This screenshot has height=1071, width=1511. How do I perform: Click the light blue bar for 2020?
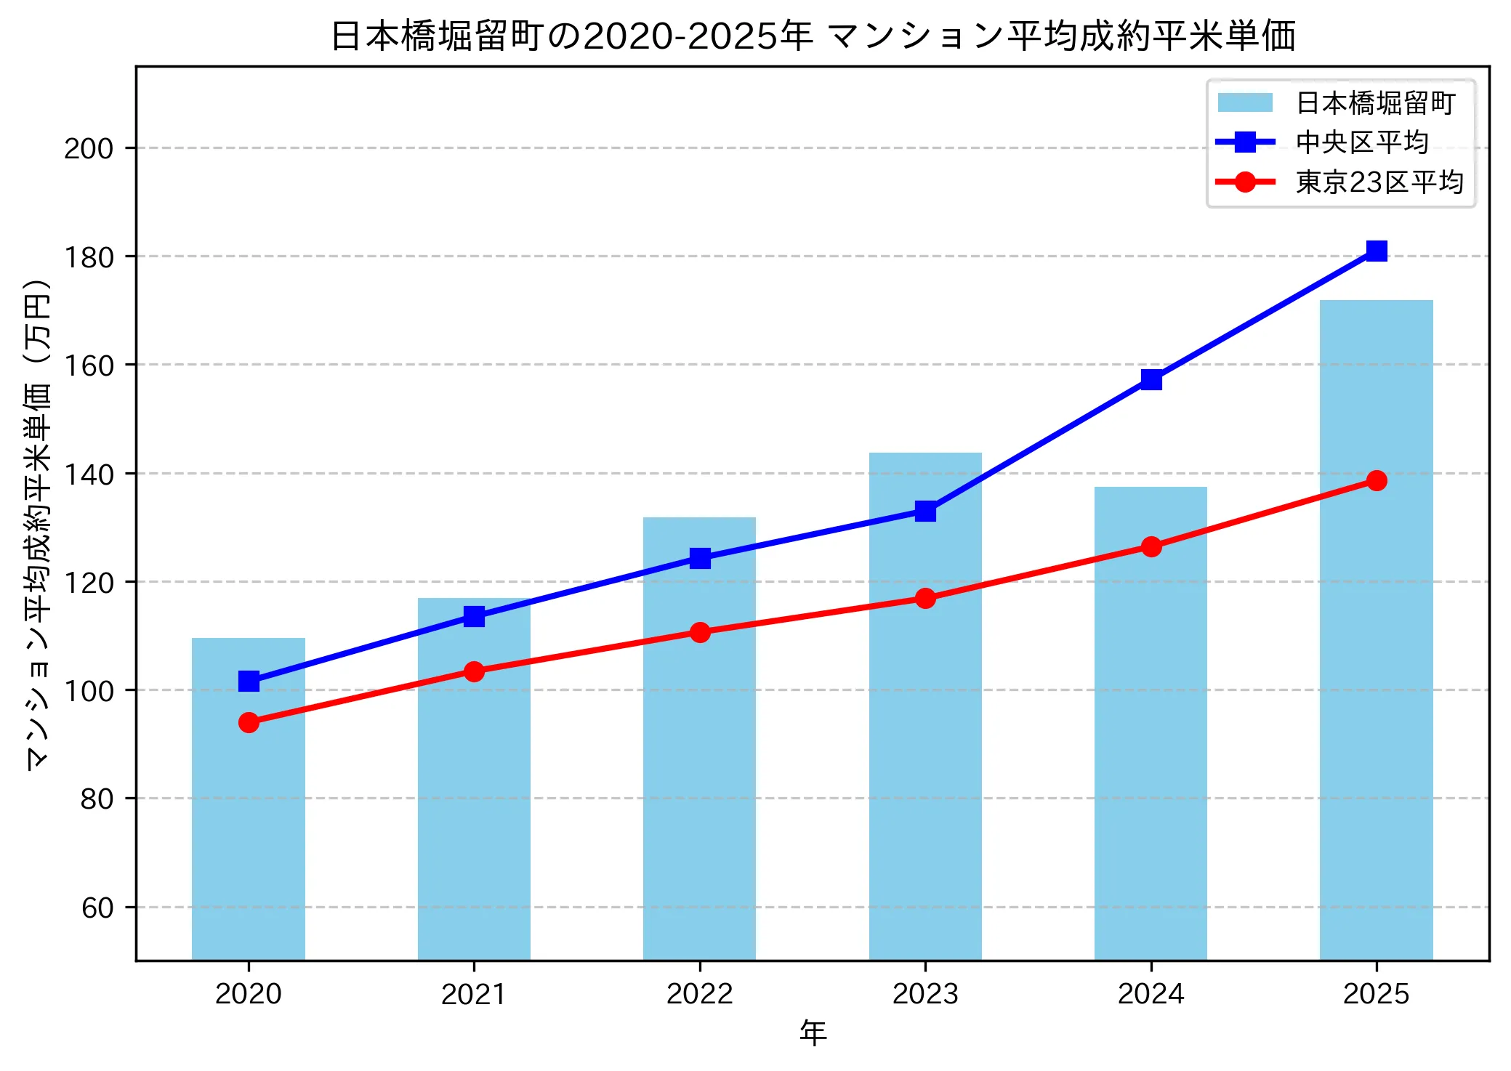249,799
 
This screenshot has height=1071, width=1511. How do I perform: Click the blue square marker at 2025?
1377,251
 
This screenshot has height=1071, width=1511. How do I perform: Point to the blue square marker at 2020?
249,681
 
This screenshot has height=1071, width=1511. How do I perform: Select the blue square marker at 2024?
1151,379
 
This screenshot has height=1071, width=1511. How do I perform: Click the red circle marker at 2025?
1377,480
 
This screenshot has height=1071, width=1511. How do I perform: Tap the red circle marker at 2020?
249,722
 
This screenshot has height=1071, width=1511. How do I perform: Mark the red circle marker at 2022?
700,632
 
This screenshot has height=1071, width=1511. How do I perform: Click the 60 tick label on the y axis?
97,908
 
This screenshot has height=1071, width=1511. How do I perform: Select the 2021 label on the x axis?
474,994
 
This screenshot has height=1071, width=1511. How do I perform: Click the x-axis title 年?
813,1033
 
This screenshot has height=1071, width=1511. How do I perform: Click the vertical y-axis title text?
38,523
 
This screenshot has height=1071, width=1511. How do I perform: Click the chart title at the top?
813,36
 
